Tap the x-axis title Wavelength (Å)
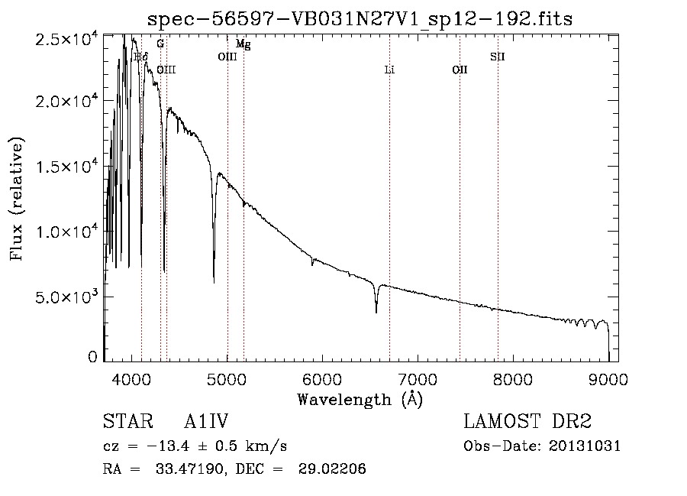click(360, 399)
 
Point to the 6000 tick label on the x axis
click(322, 378)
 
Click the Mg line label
click(243, 45)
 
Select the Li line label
click(389, 70)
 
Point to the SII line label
click(498, 57)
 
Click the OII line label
click(460, 70)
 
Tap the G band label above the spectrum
click(160, 44)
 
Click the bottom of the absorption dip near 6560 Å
click(376, 312)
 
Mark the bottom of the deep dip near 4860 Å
click(214, 282)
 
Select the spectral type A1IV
click(206, 423)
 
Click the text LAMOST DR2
click(527, 423)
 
